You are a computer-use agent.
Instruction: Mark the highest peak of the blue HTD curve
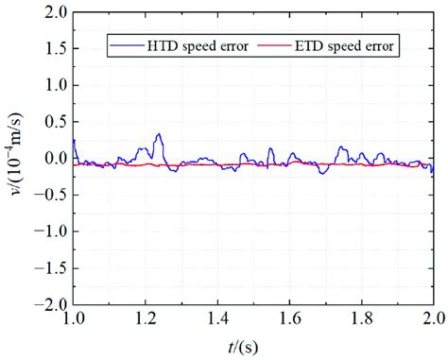159,134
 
